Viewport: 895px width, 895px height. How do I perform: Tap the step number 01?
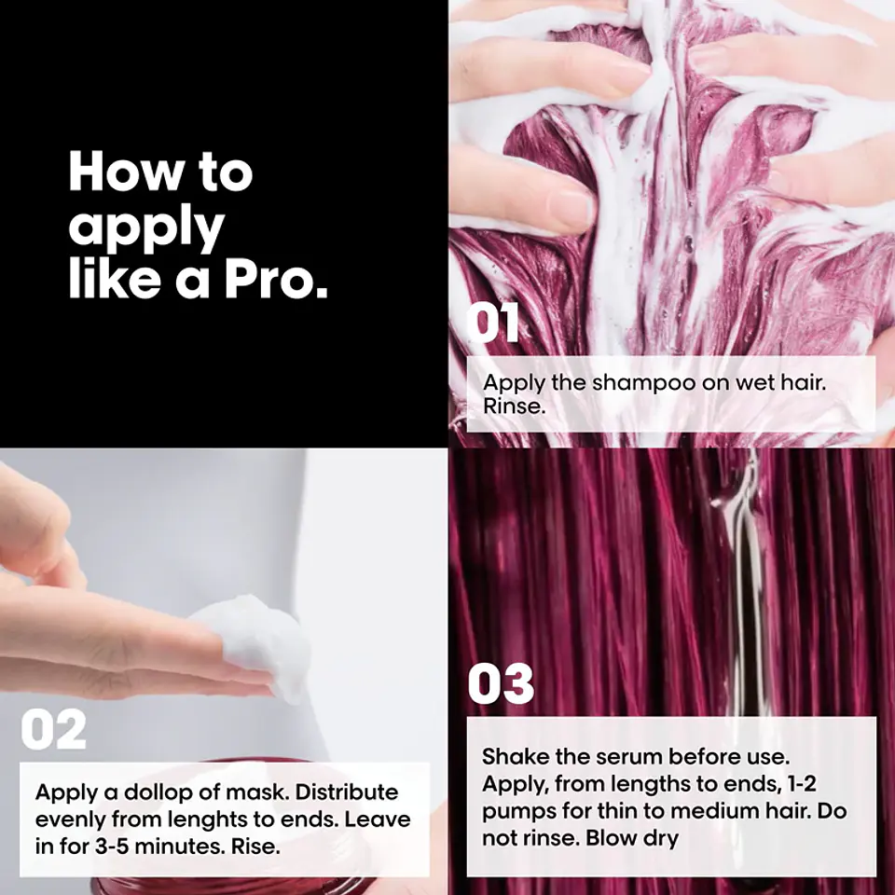click(x=492, y=323)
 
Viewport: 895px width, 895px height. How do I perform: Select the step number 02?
click(x=54, y=729)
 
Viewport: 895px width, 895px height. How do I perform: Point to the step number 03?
click(x=501, y=683)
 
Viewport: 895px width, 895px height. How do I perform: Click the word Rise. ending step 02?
click(x=255, y=847)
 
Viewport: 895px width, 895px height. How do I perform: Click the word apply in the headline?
click(x=146, y=227)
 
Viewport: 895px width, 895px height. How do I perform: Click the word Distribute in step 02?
click(x=347, y=792)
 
